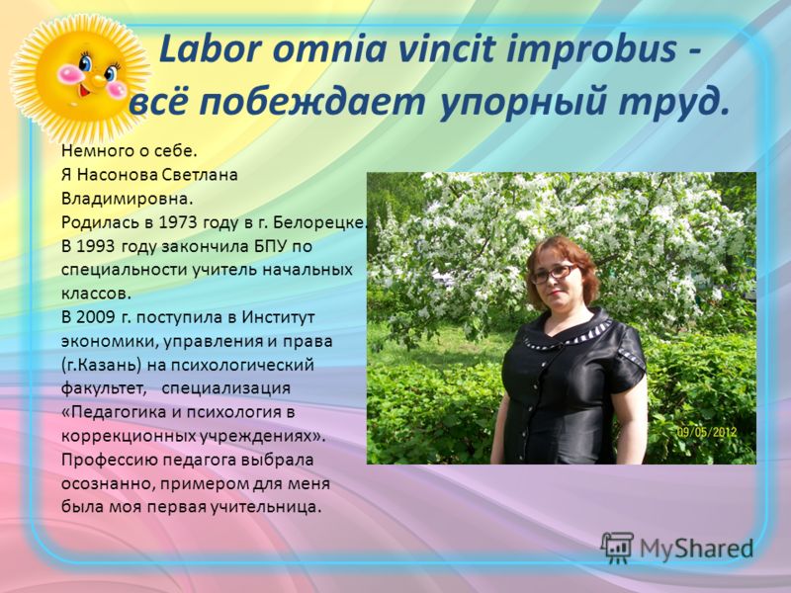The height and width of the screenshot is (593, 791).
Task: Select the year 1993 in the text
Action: tap(96, 246)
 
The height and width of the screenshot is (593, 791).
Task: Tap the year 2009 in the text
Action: tap(96, 317)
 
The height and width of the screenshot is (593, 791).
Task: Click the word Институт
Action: tap(279, 317)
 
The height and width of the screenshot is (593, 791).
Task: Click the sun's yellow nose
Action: tap(98, 81)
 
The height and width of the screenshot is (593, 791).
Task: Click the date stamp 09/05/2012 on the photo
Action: tap(706, 432)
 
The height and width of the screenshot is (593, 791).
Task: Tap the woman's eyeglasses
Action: tap(554, 274)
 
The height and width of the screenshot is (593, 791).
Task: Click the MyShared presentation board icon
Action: tap(617, 548)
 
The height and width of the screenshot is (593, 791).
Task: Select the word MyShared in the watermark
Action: tap(697, 549)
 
